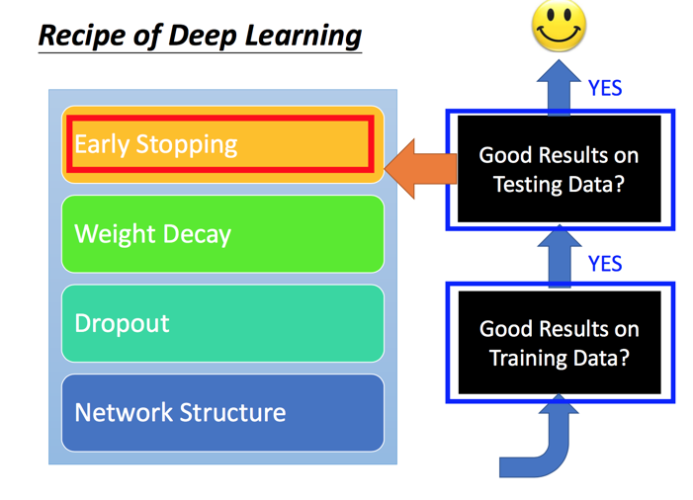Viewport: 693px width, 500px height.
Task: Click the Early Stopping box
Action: [222, 144]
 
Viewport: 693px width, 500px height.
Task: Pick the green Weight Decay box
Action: [222, 234]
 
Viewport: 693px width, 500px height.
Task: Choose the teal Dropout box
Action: [222, 323]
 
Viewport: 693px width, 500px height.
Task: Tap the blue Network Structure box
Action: [222, 412]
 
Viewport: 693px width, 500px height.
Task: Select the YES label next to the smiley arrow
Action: [605, 88]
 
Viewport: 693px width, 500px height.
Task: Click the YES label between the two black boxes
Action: [605, 263]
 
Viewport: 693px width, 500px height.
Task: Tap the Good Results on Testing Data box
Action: [559, 169]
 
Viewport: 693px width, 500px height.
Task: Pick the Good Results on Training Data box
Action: [559, 343]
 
